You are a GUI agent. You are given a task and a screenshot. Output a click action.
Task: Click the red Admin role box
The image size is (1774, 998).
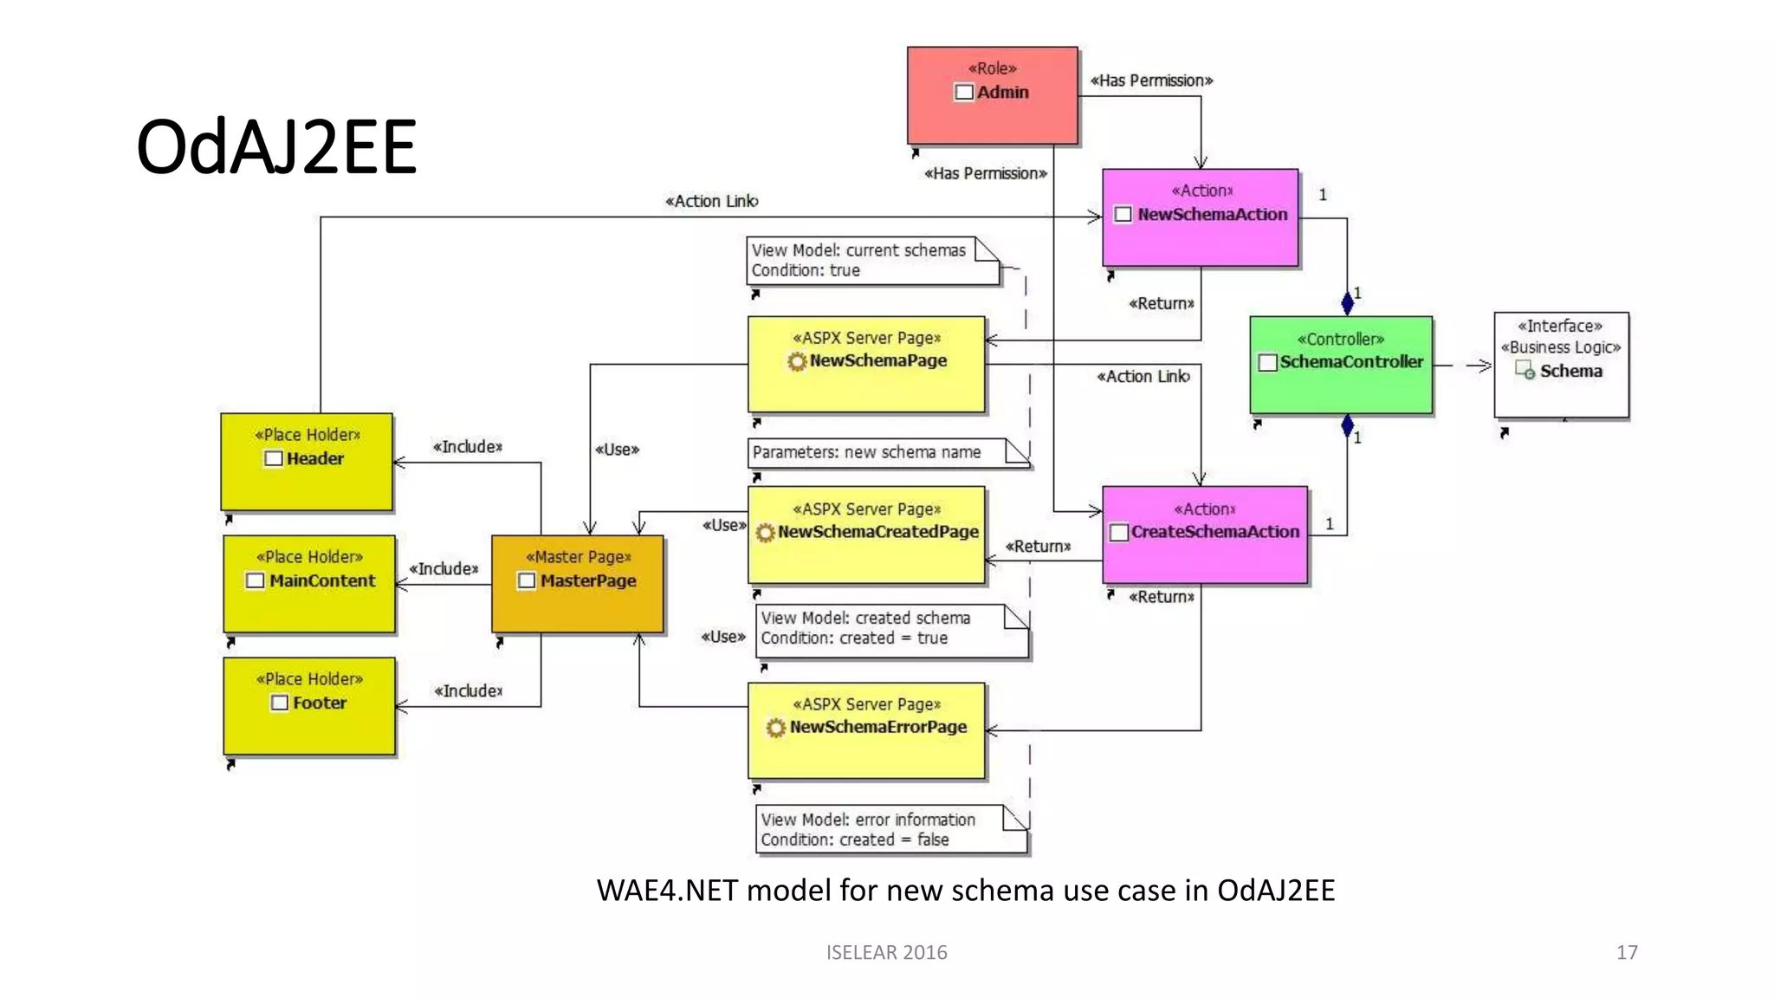[x=992, y=95]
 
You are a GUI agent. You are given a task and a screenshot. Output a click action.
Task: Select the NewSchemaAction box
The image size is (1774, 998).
[x=1200, y=217]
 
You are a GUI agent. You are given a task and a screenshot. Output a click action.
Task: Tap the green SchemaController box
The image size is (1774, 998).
[x=1340, y=365]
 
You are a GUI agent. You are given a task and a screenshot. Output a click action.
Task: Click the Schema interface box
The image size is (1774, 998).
[x=1561, y=365]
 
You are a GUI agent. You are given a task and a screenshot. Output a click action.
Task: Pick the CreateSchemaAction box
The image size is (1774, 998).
[x=1205, y=535]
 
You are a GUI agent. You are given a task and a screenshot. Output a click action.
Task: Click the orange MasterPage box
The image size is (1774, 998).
[x=577, y=583]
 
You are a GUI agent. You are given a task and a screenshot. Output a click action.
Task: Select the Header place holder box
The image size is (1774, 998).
[x=307, y=461]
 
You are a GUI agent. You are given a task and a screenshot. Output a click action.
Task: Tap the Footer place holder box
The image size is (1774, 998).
[x=309, y=705]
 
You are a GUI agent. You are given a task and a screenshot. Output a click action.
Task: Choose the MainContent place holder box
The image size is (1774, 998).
[x=309, y=583]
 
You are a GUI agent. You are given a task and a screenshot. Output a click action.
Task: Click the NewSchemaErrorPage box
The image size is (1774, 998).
[x=866, y=730]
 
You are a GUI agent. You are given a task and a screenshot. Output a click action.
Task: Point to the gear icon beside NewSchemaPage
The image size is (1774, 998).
[x=796, y=361]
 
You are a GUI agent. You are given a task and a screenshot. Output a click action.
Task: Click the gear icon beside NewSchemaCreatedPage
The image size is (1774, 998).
[x=765, y=533]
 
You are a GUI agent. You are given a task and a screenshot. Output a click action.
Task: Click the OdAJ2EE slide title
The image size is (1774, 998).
[x=276, y=147]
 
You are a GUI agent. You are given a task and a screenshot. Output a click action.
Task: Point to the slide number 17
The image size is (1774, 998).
[x=1626, y=952]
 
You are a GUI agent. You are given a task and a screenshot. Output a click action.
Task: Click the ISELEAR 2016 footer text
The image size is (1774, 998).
[x=886, y=952]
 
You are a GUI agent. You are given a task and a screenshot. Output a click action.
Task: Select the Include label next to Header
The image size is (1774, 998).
[x=467, y=447]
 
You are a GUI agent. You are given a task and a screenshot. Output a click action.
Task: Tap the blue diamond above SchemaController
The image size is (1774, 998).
[x=1347, y=303]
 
